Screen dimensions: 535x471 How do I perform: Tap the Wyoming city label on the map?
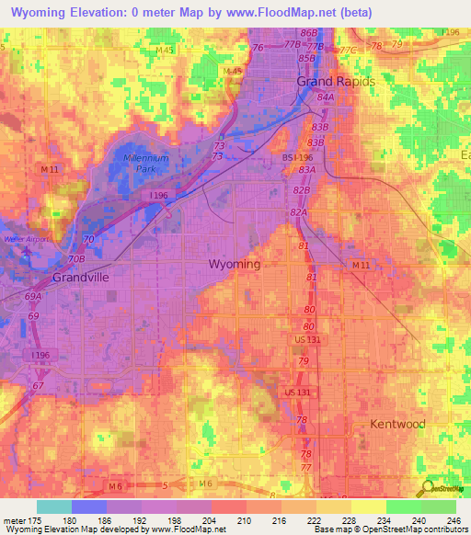tap(235, 264)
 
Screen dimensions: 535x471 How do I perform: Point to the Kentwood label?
tap(397, 424)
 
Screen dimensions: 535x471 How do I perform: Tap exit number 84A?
tap(325, 97)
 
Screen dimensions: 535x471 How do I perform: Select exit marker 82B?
tap(301, 188)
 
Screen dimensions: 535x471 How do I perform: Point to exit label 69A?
tap(33, 297)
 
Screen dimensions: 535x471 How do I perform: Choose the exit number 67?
tap(38, 386)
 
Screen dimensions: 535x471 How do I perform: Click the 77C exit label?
tap(346, 51)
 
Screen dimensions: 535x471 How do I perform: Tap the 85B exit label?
tap(306, 58)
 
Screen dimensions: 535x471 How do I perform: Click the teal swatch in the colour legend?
tap(54, 506)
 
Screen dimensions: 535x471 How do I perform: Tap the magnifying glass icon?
tap(426, 490)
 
